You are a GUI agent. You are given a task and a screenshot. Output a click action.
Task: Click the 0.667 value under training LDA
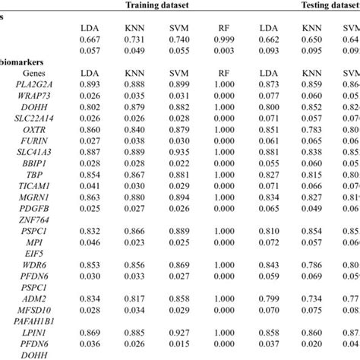[90, 39]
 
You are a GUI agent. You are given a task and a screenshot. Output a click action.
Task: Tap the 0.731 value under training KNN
[134, 39]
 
